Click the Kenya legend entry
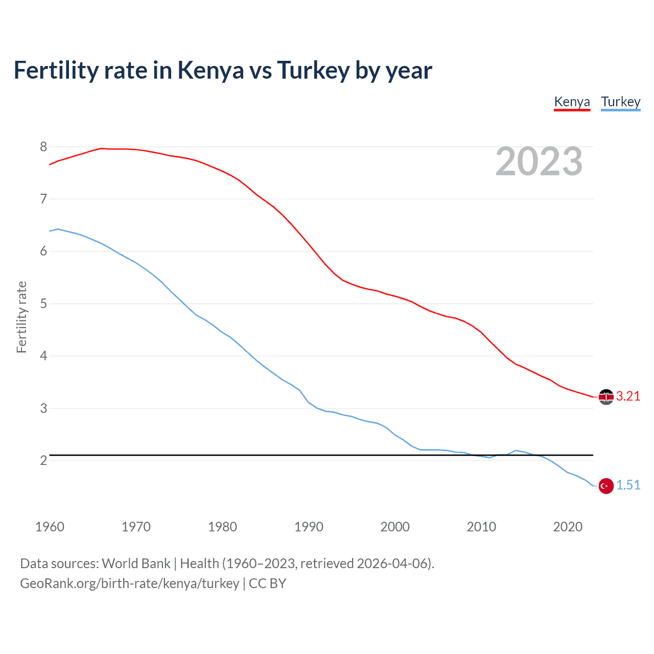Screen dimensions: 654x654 coord(572,102)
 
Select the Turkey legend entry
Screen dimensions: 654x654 coord(620,102)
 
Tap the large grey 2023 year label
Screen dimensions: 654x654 coord(539,161)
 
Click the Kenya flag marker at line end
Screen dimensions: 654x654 coord(606,397)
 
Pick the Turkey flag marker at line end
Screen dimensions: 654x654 coord(606,486)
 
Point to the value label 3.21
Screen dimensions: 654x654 coord(628,396)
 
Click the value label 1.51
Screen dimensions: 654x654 coord(628,485)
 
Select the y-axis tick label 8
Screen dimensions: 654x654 coord(43,147)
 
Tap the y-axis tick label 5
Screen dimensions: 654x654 coord(43,304)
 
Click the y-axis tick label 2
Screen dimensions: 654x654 coord(43,461)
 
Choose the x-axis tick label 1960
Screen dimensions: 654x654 coord(50,527)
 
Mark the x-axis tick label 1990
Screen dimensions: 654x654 coord(309,527)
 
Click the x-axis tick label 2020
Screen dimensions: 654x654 coord(568,527)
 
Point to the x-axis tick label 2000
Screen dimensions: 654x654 coord(395,527)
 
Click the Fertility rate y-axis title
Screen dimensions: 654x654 coord(21,317)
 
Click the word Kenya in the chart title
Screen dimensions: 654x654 coord(211,71)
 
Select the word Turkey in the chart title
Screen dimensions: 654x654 coord(313,71)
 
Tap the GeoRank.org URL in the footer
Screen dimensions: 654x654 coord(129,583)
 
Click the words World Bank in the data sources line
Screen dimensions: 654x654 coord(136,564)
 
